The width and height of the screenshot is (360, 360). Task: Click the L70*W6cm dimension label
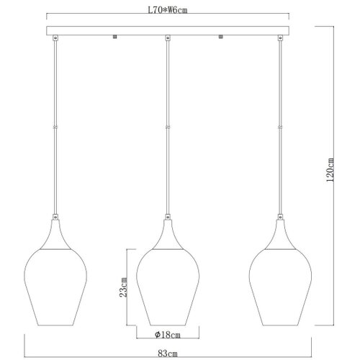point(167,10)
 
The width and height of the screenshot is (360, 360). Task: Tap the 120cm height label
point(330,170)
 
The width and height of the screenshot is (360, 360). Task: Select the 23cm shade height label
point(123,287)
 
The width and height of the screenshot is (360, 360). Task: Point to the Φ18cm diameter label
point(168,334)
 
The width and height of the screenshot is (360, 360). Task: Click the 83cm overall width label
point(168,354)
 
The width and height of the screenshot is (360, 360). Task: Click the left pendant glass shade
point(55,287)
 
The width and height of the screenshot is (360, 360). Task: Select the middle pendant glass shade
point(168,287)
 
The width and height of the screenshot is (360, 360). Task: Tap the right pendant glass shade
point(280,287)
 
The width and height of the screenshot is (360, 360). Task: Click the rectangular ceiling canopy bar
point(168,31)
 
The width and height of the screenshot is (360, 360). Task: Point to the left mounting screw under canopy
point(114,37)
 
